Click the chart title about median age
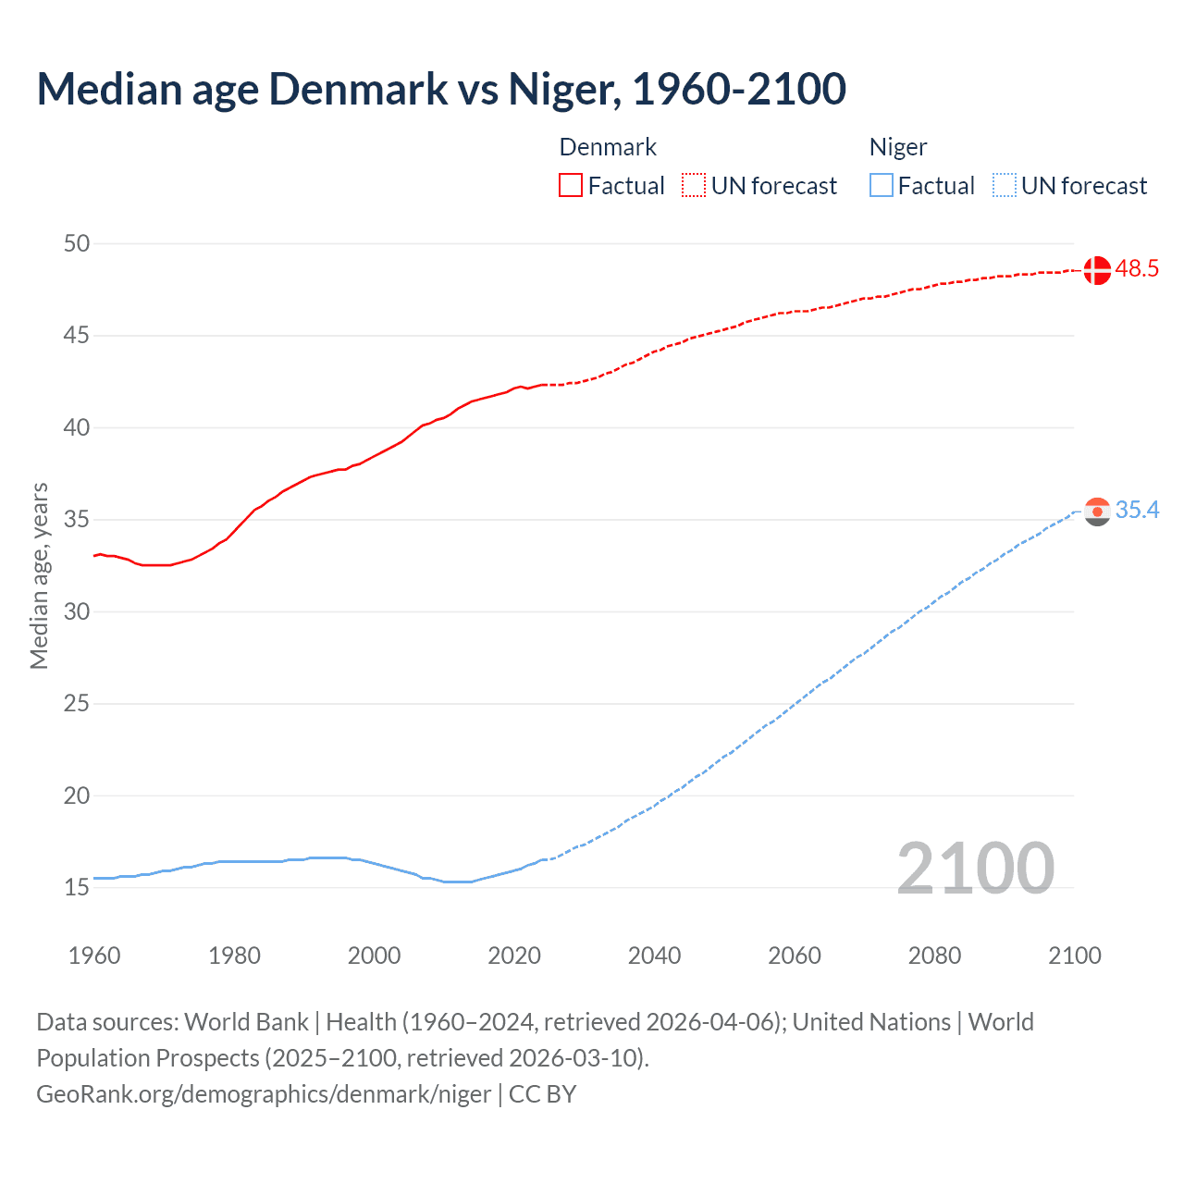point(441,89)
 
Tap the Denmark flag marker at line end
point(1096,270)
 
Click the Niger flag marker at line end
point(1096,512)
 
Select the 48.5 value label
point(1137,269)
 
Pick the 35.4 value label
point(1137,511)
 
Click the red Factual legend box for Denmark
point(571,185)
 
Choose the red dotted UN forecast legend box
point(694,185)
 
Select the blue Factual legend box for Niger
point(881,185)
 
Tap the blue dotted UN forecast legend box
point(1004,185)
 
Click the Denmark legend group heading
point(608,147)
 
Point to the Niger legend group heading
point(897,147)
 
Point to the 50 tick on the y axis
point(77,243)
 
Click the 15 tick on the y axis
point(77,887)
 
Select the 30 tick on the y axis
point(77,611)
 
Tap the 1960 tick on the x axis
point(94,956)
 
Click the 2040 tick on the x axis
point(654,956)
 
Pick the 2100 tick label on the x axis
point(1074,956)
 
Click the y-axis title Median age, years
point(39,575)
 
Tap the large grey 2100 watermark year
point(975,868)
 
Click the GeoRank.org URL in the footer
point(264,1094)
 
